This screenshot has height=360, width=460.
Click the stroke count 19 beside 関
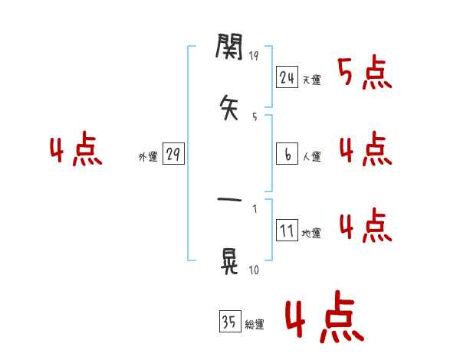point(254,56)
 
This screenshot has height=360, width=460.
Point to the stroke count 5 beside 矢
point(255,117)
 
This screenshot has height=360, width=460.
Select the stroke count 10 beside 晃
point(254,270)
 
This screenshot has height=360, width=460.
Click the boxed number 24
point(287,77)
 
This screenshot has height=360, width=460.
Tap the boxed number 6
point(287,154)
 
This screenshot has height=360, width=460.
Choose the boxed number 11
point(287,231)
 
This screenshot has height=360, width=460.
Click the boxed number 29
point(172,154)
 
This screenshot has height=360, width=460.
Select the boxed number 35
point(228,322)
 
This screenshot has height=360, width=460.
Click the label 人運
point(311,157)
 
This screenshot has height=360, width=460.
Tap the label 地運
point(311,234)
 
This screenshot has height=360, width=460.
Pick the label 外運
point(148,157)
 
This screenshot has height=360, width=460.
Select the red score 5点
point(365,73)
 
